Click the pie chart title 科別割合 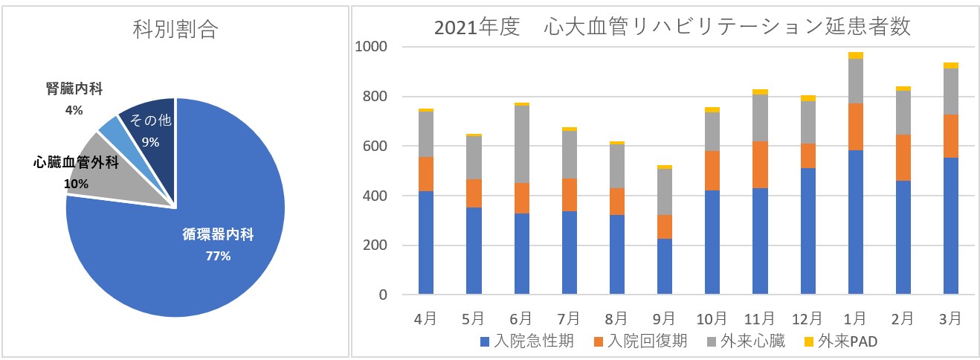pyautogui.click(x=175, y=30)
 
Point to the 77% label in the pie pyautogui.click(x=218, y=256)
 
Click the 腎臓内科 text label pyautogui.click(x=74, y=89)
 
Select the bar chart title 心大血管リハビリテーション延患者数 pyautogui.click(x=672, y=28)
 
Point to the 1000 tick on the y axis pyautogui.click(x=372, y=47)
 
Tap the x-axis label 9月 pyautogui.click(x=664, y=318)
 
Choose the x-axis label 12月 pyautogui.click(x=807, y=318)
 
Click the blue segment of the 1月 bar pyautogui.click(x=855, y=223)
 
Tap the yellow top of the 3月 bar pyautogui.click(x=950, y=65)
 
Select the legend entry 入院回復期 pyautogui.click(x=640, y=341)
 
